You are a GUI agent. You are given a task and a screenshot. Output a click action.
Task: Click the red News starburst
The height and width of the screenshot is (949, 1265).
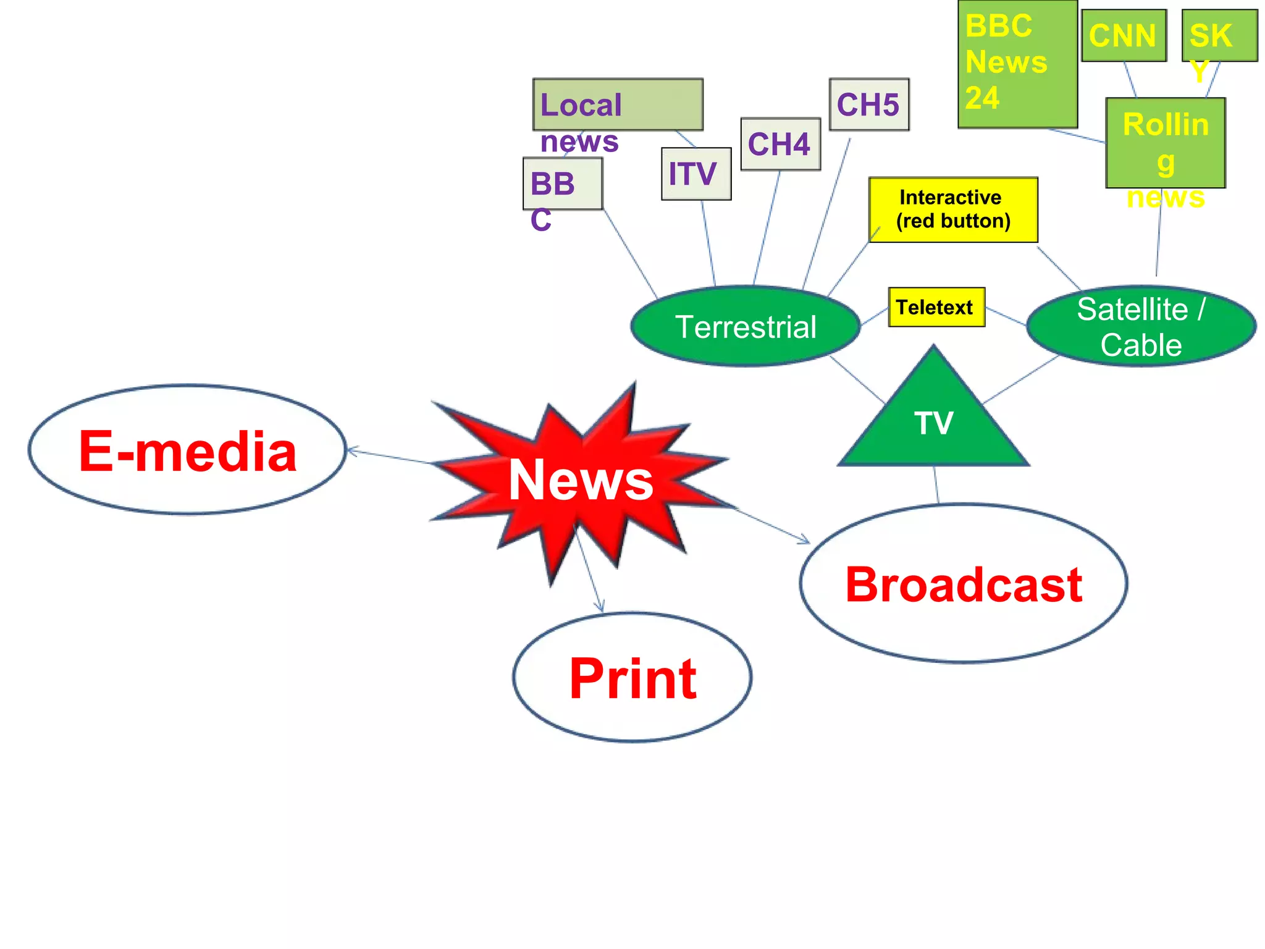pyautogui.click(x=581, y=481)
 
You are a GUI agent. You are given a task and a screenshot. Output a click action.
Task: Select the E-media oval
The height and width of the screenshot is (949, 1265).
pyautogui.click(x=187, y=450)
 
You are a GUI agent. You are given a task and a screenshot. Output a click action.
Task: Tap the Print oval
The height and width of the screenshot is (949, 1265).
pyautogui.click(x=632, y=678)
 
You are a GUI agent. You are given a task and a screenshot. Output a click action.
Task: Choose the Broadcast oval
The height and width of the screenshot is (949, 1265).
pyautogui.click(x=964, y=584)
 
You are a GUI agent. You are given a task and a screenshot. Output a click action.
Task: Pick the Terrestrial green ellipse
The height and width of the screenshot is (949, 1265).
pyautogui.click(x=746, y=326)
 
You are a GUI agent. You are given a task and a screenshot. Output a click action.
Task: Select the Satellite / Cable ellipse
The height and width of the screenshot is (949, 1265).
pyautogui.click(x=1141, y=326)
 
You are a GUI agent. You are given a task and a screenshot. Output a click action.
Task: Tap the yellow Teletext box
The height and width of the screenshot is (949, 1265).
pyautogui.click(x=936, y=307)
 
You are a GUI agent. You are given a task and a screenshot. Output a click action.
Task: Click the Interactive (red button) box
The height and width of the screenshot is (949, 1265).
pyautogui.click(x=953, y=209)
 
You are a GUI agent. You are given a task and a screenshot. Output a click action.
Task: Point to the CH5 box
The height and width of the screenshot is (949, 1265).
pyautogui.click(x=869, y=104)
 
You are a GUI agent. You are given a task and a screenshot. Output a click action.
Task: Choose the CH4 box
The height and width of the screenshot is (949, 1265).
pyautogui.click(x=780, y=144)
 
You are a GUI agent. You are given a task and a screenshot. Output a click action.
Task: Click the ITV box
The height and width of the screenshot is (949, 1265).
pyautogui.click(x=696, y=174)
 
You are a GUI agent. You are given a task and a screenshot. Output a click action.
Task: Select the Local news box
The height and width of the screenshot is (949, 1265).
pyautogui.click(x=618, y=104)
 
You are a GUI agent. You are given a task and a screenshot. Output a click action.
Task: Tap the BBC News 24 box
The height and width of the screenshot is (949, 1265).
pyautogui.click(x=1017, y=64)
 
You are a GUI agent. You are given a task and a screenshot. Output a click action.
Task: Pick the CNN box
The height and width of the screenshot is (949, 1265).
pyautogui.click(x=1124, y=35)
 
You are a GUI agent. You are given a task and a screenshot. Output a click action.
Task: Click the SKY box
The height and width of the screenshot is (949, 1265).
pyautogui.click(x=1219, y=35)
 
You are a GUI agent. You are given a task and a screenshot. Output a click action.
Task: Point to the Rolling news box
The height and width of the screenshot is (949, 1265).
pyautogui.click(x=1166, y=143)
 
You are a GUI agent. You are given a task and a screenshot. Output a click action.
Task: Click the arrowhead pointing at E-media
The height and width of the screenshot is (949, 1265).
pyautogui.click(x=351, y=451)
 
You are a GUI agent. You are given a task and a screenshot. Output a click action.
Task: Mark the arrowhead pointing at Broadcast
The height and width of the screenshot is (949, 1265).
pyautogui.click(x=805, y=541)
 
